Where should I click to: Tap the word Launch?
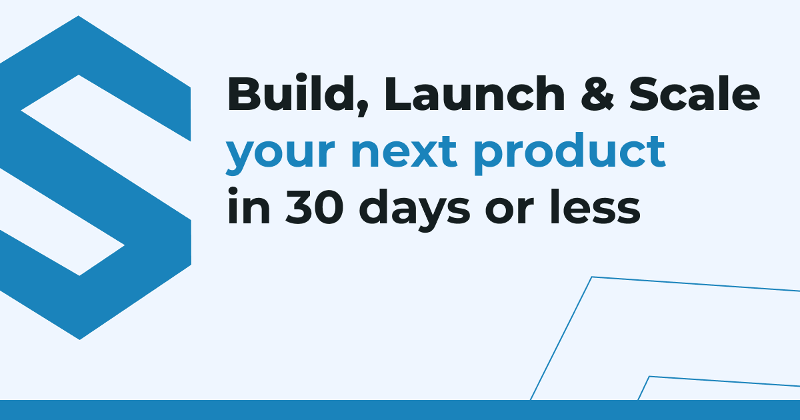(474, 93)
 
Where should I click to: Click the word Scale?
(694, 93)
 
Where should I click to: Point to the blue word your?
(280, 153)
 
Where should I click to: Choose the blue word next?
(404, 152)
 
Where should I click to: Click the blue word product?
(569, 153)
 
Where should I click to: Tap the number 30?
(314, 207)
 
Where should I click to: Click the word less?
(595, 207)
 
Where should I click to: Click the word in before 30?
(249, 207)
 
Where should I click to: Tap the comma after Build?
(363, 108)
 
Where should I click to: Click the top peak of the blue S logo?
(78, 16)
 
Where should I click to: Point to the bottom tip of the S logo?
(79, 339)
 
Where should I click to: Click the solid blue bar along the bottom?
(400, 410)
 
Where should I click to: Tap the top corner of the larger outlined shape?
(592, 277)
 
